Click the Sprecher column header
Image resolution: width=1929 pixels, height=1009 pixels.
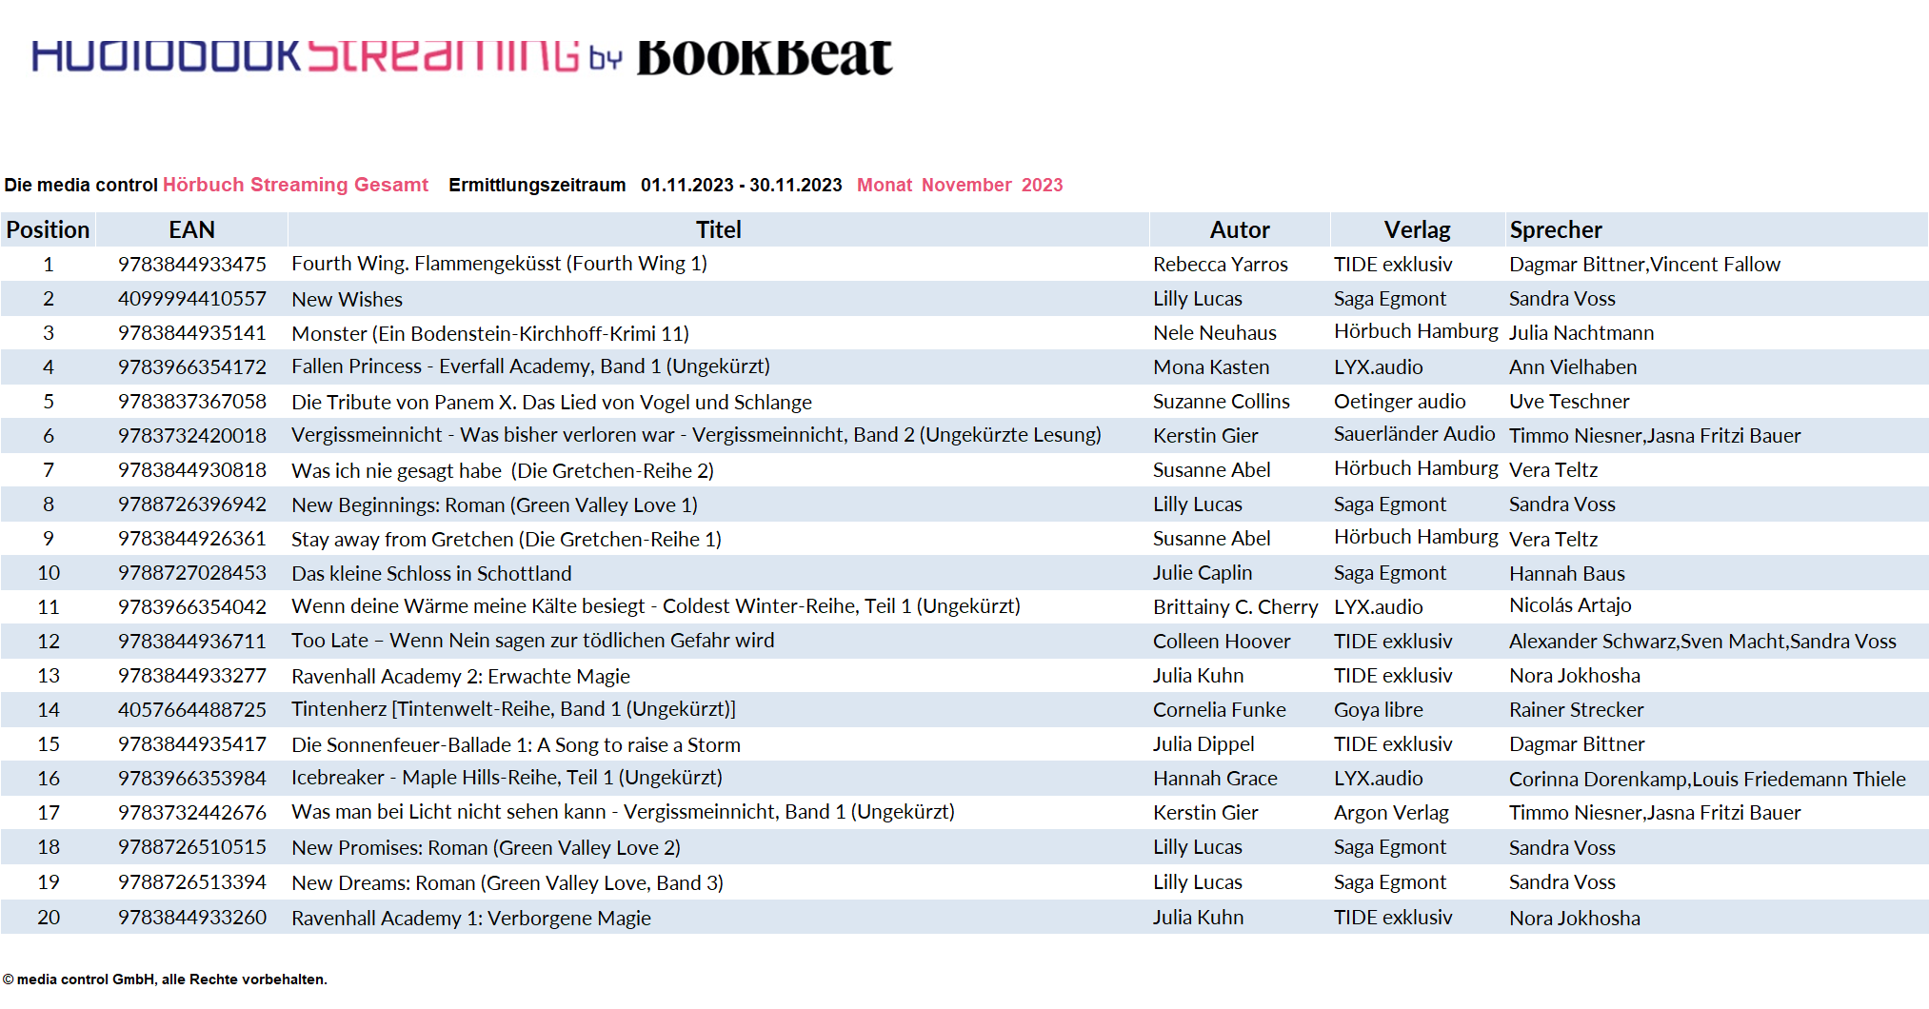[1556, 229]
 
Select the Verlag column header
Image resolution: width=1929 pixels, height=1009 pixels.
[1417, 229]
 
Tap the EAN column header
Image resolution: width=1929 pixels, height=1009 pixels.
[191, 229]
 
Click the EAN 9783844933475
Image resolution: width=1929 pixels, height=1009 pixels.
[192, 264]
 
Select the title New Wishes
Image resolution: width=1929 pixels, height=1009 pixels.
[347, 299]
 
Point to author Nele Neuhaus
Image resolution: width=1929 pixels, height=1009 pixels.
[1214, 333]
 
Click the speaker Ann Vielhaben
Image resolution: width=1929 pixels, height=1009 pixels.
[1572, 367]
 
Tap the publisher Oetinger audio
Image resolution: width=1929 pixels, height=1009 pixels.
[1399, 402]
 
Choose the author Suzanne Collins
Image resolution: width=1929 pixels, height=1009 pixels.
[1221, 402]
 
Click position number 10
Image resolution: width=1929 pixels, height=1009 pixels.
[49, 573]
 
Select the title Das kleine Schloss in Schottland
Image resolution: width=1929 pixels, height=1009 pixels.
[431, 573]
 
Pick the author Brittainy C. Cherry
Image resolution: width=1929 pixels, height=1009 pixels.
[1235, 607]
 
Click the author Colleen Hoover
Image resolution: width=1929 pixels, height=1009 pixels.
[1222, 642]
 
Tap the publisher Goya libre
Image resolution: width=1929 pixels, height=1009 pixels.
[1378, 710]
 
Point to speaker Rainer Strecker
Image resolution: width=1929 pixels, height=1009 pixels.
[1576, 710]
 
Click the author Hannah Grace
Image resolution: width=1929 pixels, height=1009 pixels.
[1215, 779]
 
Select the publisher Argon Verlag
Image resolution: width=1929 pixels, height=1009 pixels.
[1391, 813]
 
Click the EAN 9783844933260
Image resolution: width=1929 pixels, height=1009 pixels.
[192, 918]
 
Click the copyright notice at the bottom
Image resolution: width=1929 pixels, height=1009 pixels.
[165, 979]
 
